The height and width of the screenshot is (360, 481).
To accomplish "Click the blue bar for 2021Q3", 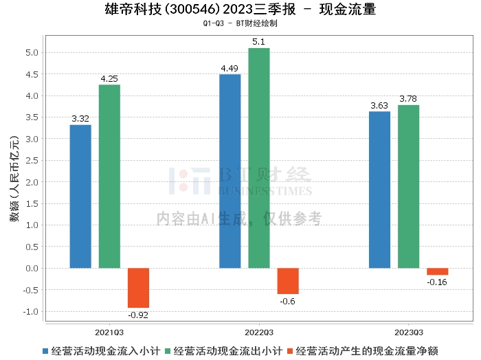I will tap(80, 196).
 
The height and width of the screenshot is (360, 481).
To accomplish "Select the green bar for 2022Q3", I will tap(259, 158).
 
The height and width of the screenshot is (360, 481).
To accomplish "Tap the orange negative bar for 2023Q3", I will tap(437, 271).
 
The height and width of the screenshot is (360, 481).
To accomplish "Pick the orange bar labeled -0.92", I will tap(138, 288).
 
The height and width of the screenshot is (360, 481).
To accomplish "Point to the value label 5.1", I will tap(259, 42).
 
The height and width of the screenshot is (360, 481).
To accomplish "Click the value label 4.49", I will tap(230, 68).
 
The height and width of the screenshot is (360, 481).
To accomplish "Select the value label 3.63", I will tap(379, 105).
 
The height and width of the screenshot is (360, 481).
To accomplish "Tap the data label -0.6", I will tap(288, 301).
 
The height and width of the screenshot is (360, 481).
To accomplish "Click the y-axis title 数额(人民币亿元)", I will tap(14, 182).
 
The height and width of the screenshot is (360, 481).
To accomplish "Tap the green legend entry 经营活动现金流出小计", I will tap(229, 350).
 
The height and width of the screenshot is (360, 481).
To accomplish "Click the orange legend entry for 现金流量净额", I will tap(366, 350).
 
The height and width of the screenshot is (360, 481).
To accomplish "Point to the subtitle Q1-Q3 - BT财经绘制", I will tap(240, 23).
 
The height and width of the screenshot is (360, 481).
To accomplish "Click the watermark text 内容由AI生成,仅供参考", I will tap(239, 218).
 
